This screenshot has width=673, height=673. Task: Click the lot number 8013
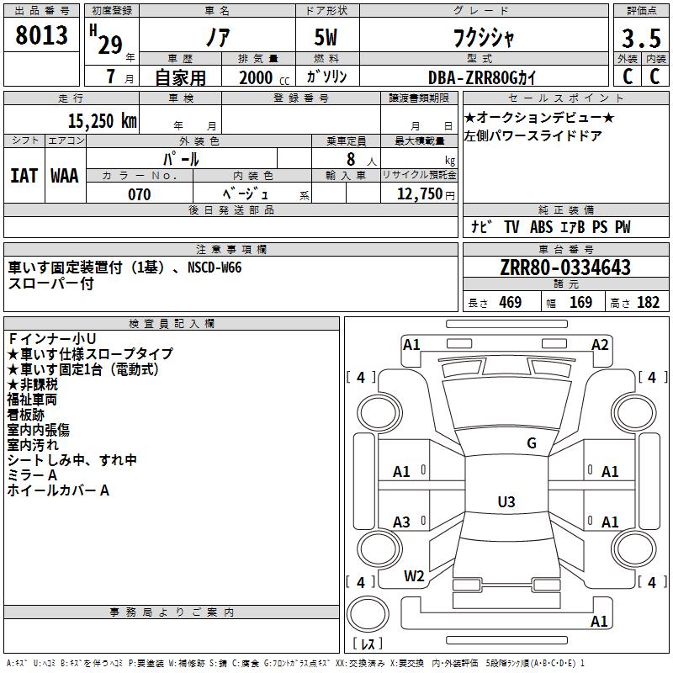click(x=41, y=35)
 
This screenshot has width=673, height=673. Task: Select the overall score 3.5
click(x=641, y=38)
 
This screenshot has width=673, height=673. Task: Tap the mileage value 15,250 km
click(x=102, y=121)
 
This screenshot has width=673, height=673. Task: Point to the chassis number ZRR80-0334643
click(x=565, y=268)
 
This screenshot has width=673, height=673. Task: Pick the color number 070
click(x=139, y=194)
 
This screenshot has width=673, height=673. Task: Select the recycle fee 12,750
click(x=419, y=193)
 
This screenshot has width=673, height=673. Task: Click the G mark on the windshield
click(x=532, y=443)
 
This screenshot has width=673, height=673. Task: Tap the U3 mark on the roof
click(x=506, y=501)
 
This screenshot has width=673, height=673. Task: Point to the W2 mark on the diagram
click(x=414, y=576)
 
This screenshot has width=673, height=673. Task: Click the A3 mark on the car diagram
click(x=401, y=522)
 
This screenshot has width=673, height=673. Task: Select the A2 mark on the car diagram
click(x=600, y=345)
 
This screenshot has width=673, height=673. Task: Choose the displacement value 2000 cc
click(x=264, y=77)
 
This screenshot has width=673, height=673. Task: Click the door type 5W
click(x=326, y=37)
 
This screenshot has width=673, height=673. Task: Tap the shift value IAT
click(x=24, y=176)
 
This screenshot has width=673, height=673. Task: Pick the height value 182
click(x=648, y=302)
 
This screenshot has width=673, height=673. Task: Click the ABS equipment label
click(x=541, y=227)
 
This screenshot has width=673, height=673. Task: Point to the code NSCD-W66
click(x=215, y=268)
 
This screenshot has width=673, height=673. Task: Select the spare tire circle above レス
click(x=368, y=614)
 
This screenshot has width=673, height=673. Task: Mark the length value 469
click(x=511, y=302)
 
